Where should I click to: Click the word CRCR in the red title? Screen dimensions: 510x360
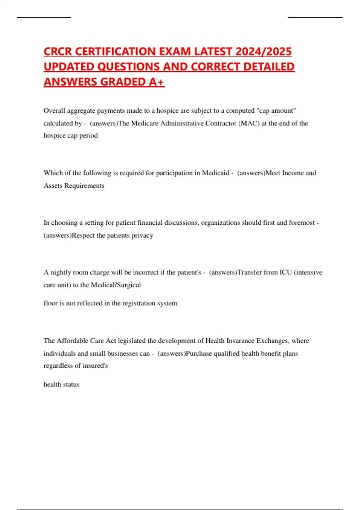(58, 52)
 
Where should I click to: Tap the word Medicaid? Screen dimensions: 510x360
(215, 173)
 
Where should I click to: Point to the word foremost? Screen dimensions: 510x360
(302, 223)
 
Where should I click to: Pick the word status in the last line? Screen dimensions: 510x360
(71, 384)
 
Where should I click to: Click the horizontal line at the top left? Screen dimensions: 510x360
(44, 17)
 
